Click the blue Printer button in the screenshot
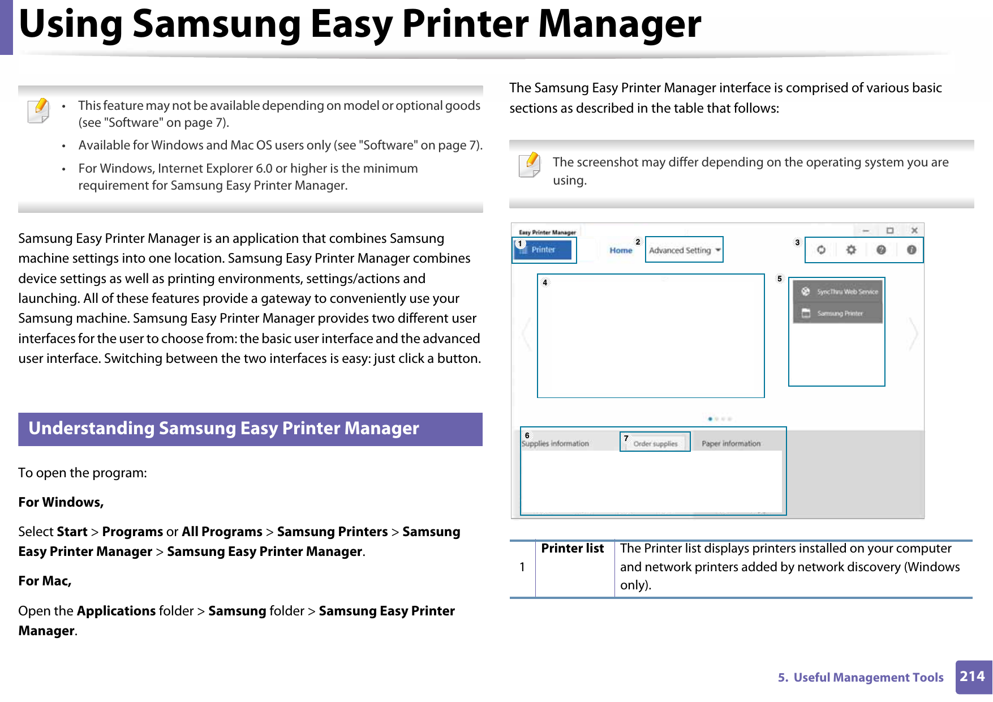pos(543,250)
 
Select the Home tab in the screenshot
pos(621,250)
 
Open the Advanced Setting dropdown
pos(684,250)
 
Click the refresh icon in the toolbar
pos(821,250)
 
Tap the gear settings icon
pos(851,250)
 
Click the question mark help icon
pos(881,250)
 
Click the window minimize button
pos(866,230)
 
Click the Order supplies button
pos(655,444)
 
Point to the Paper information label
pos(731,444)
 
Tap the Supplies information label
pos(556,444)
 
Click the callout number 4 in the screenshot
pos(545,282)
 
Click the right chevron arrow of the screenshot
pos(913,334)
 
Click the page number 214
pos(972,677)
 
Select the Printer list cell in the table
pos(573,549)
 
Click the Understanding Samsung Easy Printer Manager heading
pos(224,429)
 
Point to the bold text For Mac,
pos(45,581)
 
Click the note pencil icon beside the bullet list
pos(38,110)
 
